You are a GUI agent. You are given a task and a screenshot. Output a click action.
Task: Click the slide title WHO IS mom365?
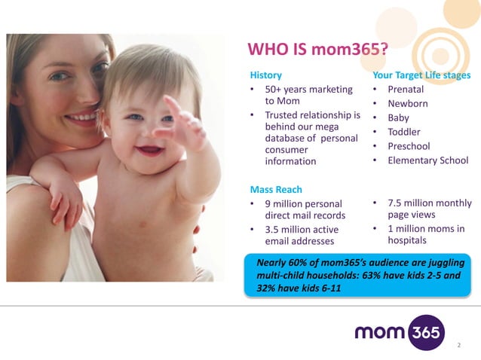click(x=317, y=50)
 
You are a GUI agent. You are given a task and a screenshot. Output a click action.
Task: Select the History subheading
click(x=266, y=75)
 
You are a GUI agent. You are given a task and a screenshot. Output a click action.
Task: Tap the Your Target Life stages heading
click(x=421, y=75)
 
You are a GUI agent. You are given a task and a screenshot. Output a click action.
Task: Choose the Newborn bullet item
click(x=408, y=104)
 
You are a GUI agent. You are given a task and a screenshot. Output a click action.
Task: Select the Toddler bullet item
click(x=403, y=132)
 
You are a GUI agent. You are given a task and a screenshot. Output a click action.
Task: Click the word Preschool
click(x=409, y=146)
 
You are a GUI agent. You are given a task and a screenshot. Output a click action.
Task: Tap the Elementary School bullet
click(x=427, y=160)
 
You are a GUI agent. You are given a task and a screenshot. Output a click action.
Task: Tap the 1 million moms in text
click(x=425, y=229)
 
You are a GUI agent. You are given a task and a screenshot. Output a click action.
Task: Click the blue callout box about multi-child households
click(x=359, y=275)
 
